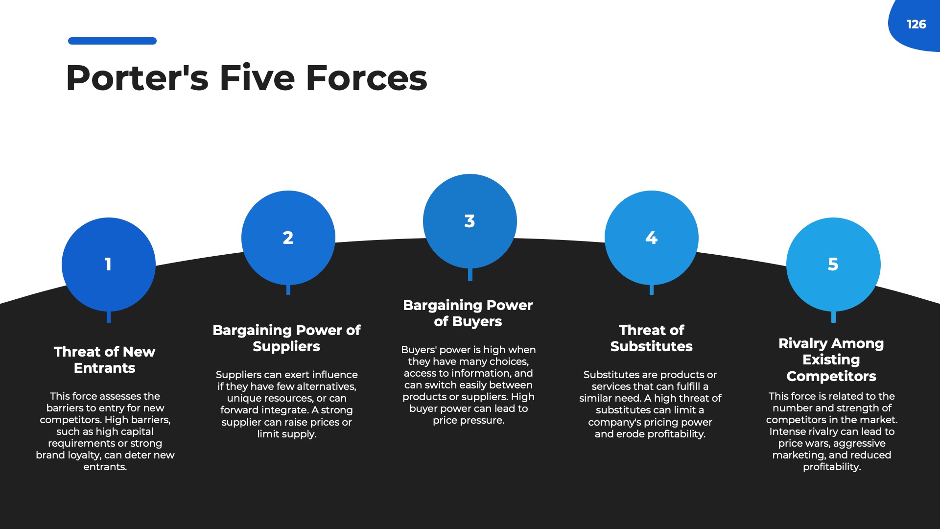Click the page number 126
pyautogui.click(x=916, y=24)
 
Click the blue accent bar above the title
pyautogui.click(x=112, y=41)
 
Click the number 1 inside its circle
pyautogui.click(x=108, y=264)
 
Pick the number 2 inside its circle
pyautogui.click(x=288, y=238)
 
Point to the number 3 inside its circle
pyautogui.click(x=470, y=221)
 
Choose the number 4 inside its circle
pyautogui.click(x=651, y=238)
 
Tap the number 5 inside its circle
pyautogui.click(x=833, y=264)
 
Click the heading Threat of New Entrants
pyautogui.click(x=104, y=360)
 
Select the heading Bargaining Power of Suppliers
pyautogui.click(x=286, y=338)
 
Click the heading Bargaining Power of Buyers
pyautogui.click(x=468, y=313)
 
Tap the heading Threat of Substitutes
pyautogui.click(x=651, y=338)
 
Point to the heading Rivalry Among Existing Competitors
pyautogui.click(x=831, y=360)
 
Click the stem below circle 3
pyautogui.click(x=470, y=275)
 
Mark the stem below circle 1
pyautogui.click(x=109, y=317)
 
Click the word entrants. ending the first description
pyautogui.click(x=105, y=467)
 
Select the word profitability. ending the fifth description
pyautogui.click(x=831, y=467)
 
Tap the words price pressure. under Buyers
pyautogui.click(x=468, y=420)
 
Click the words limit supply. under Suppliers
pyautogui.click(x=287, y=434)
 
